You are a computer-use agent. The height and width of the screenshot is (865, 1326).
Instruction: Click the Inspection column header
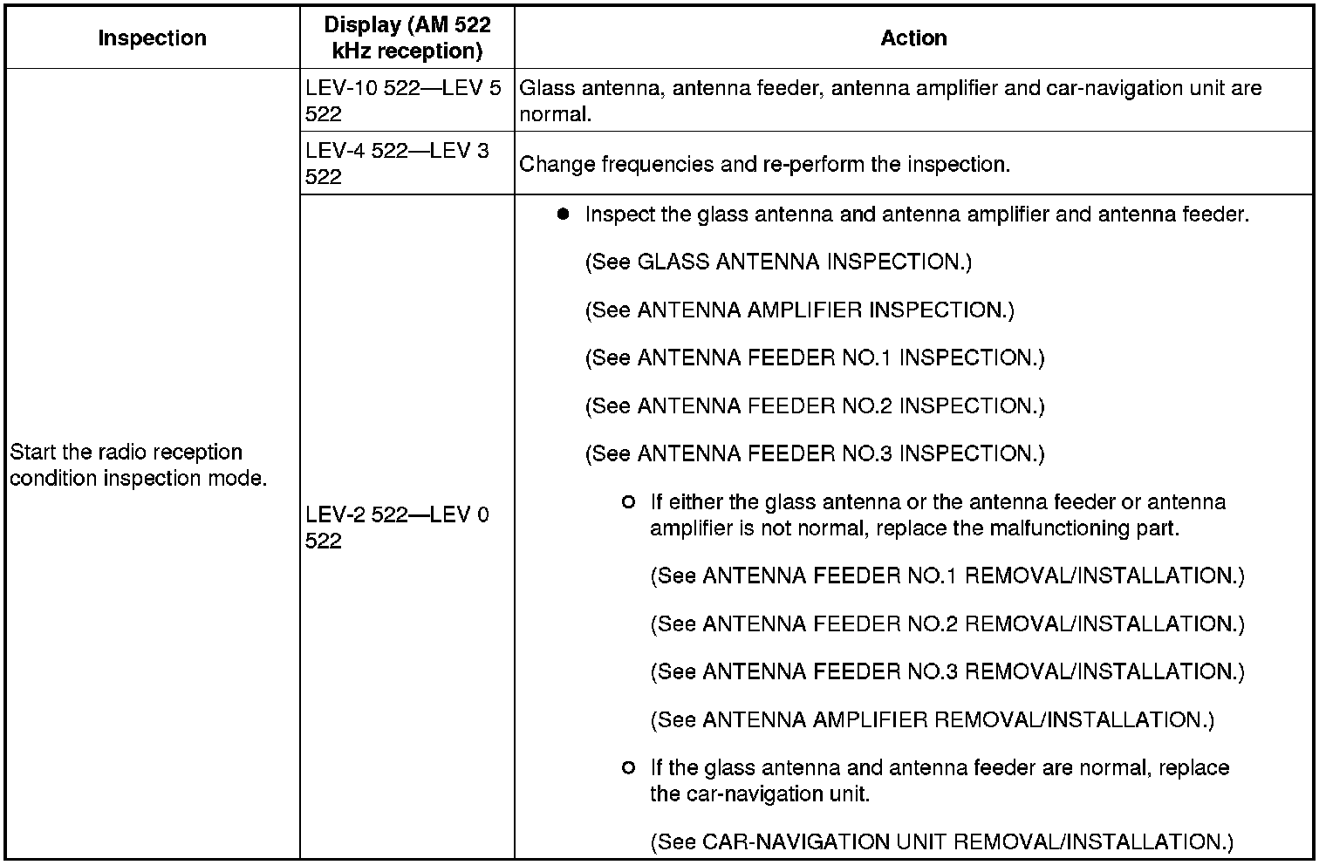point(152,38)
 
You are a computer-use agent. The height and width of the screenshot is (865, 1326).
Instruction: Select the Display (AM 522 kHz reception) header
point(407,38)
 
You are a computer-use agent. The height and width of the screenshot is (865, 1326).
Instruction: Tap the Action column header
point(913,38)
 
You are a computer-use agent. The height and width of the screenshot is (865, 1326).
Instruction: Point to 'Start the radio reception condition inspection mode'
point(138,465)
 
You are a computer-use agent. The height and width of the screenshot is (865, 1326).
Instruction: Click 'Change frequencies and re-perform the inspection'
point(764,165)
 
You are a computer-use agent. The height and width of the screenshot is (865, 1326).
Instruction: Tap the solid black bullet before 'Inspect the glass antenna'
point(563,214)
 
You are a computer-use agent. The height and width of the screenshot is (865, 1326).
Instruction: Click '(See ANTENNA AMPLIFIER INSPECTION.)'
point(799,310)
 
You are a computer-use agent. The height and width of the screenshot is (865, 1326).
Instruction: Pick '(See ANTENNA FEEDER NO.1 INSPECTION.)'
point(814,358)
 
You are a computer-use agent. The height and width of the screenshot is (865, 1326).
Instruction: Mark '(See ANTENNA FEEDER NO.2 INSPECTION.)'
point(814,406)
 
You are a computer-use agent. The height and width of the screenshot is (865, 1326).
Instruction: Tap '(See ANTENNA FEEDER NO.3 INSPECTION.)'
point(814,454)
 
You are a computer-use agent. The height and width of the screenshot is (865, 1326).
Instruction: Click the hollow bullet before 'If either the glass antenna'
point(628,502)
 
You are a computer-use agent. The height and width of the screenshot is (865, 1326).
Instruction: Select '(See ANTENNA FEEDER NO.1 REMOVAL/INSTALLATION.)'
point(947,576)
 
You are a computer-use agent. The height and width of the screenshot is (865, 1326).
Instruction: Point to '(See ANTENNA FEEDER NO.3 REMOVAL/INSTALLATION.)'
point(947,672)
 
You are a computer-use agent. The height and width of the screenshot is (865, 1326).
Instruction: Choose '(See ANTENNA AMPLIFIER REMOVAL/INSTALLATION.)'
point(932,720)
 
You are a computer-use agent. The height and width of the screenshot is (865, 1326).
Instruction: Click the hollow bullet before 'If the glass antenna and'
point(628,768)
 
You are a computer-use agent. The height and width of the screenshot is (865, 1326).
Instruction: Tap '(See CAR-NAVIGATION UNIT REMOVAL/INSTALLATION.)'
point(942,842)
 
